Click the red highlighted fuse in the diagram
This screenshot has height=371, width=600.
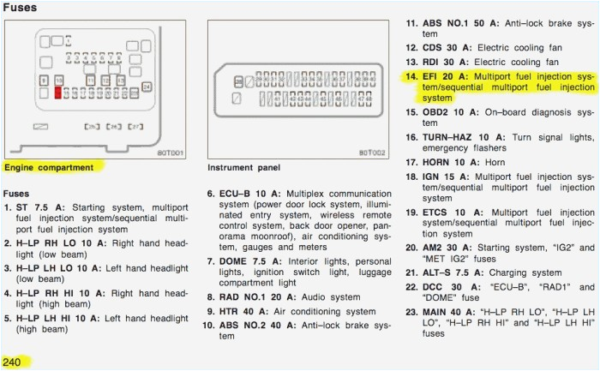click(x=58, y=92)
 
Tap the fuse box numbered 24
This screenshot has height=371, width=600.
click(x=147, y=87)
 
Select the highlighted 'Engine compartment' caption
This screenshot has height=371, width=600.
click(x=49, y=167)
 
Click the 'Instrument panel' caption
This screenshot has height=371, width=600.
click(x=243, y=167)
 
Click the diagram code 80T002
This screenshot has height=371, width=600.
click(x=373, y=153)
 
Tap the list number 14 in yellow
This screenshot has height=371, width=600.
click(x=411, y=76)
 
